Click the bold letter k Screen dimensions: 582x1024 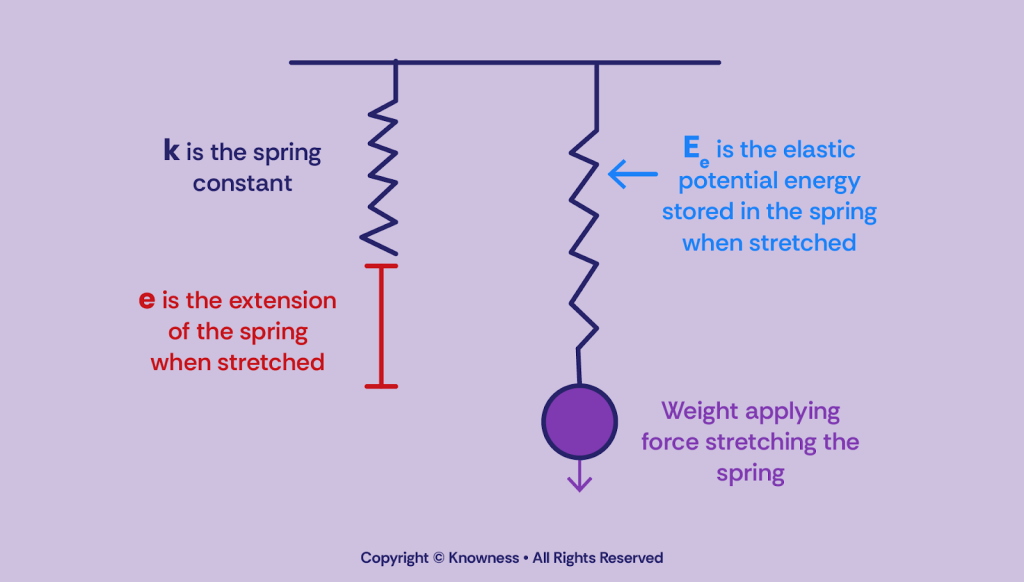tap(171, 152)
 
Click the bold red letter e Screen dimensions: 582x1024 tap(147, 301)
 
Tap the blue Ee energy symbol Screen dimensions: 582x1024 tap(695, 152)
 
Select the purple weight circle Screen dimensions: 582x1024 tap(578, 421)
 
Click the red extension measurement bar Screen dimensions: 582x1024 tap(381, 325)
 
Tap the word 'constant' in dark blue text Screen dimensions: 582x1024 tap(243, 184)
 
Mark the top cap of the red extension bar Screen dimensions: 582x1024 tap(381, 266)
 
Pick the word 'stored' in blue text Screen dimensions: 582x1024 tap(695, 212)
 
